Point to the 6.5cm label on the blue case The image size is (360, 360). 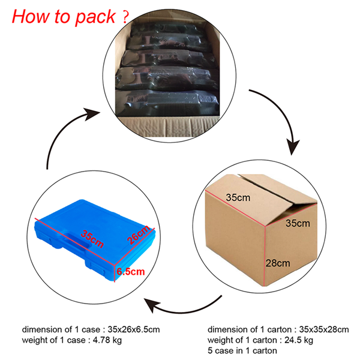tap(131, 272)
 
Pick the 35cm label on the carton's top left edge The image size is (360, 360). tap(238, 196)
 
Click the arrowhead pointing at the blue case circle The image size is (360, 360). tap(154, 307)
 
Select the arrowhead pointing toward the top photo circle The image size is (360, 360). tap(91, 115)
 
